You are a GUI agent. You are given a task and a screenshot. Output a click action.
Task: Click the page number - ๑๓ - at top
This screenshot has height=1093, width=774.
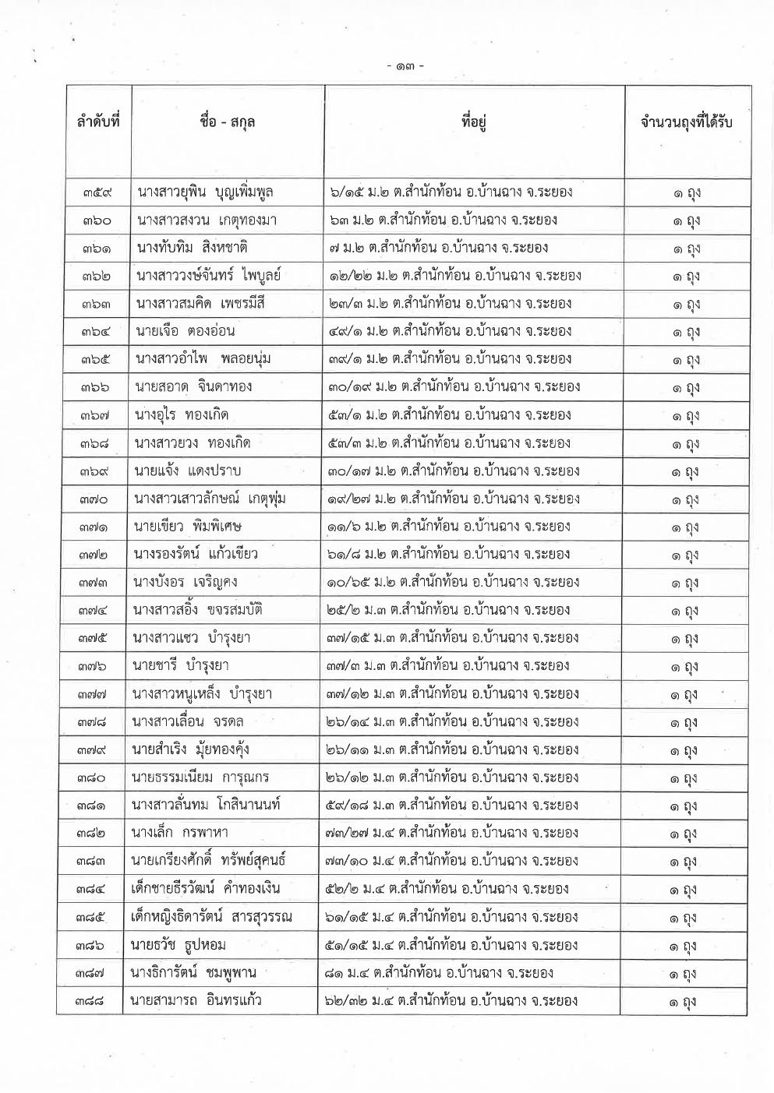point(405,66)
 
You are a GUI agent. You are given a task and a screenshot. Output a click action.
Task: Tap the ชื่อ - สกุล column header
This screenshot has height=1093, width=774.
point(228,122)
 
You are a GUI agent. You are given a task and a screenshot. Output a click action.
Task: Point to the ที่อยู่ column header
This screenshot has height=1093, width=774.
point(474,122)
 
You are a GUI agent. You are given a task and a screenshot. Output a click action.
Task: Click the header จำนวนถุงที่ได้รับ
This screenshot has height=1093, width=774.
point(686,122)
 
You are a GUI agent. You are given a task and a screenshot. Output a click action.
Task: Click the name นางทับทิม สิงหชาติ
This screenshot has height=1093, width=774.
point(192,248)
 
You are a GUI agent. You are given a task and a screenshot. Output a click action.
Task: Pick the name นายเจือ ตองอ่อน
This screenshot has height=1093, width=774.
point(186,331)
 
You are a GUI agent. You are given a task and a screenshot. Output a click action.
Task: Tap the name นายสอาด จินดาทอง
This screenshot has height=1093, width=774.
point(193,387)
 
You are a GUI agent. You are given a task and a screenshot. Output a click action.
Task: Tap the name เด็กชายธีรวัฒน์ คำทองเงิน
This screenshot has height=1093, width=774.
point(206,889)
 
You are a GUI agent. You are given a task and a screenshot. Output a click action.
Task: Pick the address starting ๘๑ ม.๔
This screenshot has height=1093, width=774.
point(440,972)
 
